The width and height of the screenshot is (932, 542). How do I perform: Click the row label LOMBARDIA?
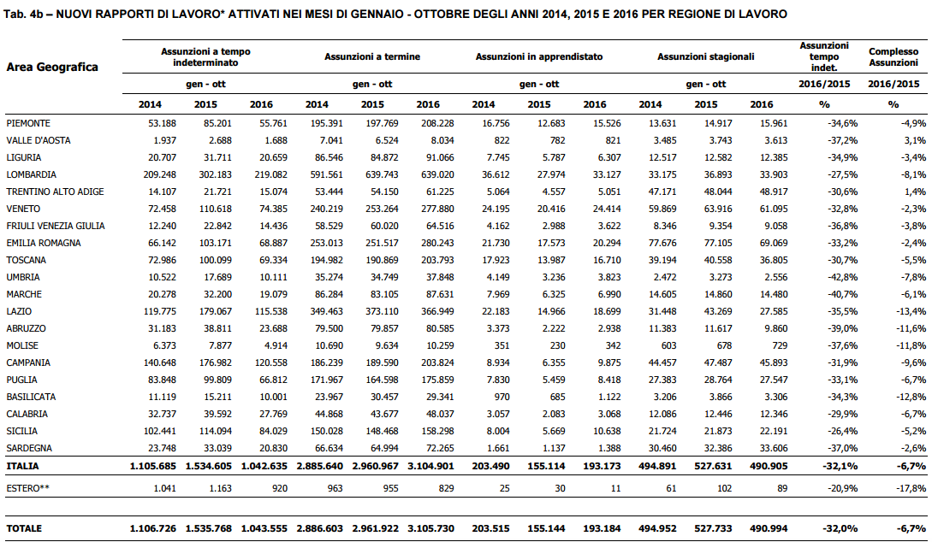[32, 174]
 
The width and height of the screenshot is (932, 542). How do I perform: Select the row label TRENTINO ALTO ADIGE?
[56, 191]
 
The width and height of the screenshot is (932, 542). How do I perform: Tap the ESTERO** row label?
[28, 488]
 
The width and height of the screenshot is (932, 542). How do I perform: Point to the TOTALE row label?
[24, 528]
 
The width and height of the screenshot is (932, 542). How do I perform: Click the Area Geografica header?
[52, 67]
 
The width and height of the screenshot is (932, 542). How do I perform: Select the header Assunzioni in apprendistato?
[539, 57]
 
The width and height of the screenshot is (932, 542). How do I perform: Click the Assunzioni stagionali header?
[705, 57]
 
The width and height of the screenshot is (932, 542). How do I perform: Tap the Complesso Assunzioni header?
[893, 57]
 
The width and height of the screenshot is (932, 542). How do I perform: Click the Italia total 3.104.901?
[431, 466]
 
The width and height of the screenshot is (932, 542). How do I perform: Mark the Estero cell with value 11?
[615, 488]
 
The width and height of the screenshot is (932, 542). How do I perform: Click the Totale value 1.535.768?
[209, 528]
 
